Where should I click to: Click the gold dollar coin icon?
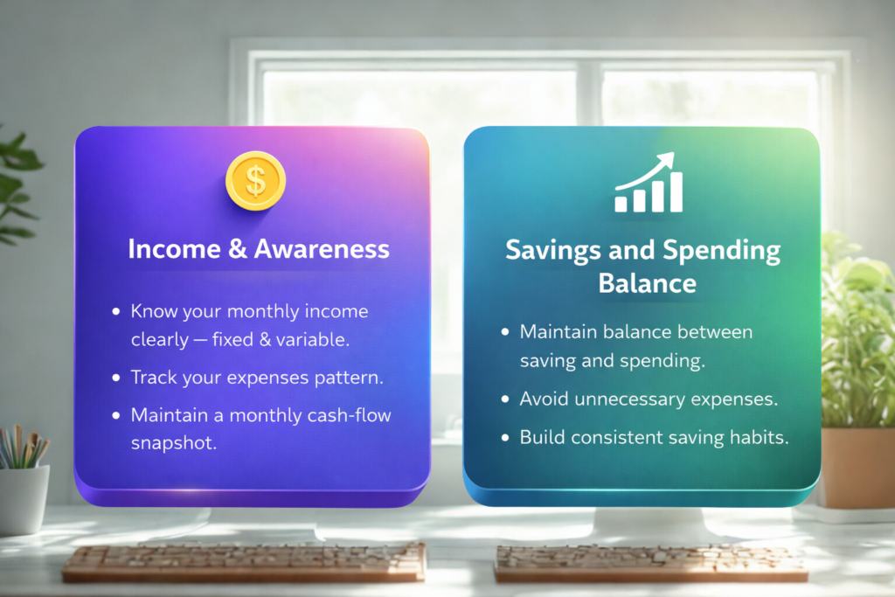tap(255, 181)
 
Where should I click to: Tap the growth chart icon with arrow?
tap(649, 182)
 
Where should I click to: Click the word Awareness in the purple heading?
tap(322, 249)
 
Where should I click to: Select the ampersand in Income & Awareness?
tap(238, 249)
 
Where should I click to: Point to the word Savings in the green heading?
tap(552, 251)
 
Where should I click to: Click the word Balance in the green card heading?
tap(648, 283)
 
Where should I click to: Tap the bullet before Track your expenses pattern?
tap(116, 378)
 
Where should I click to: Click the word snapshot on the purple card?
tap(174, 443)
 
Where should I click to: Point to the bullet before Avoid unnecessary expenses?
tap(505, 399)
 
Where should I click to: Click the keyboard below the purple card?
tap(245, 561)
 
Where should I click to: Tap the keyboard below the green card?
tap(650, 563)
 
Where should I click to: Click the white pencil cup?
tap(24, 500)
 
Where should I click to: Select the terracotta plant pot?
tap(858, 468)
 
